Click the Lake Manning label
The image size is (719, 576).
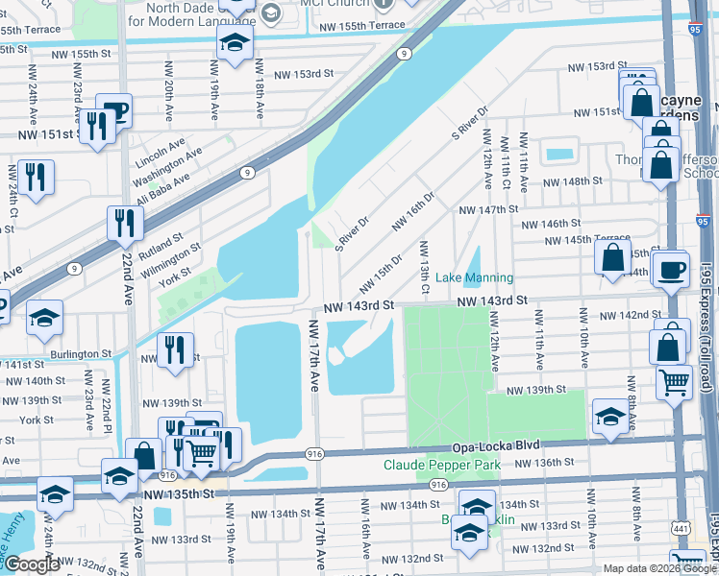click(x=475, y=277)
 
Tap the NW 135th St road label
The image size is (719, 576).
click(x=180, y=495)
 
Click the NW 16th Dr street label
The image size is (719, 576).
click(x=412, y=211)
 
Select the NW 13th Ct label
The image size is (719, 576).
click(x=424, y=269)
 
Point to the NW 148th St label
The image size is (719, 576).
click(x=572, y=180)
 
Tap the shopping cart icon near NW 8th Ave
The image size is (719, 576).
click(x=674, y=380)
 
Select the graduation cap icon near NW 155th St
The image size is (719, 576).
click(x=234, y=43)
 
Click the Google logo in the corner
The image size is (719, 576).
click(x=32, y=564)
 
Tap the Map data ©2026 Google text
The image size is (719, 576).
click(x=659, y=568)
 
